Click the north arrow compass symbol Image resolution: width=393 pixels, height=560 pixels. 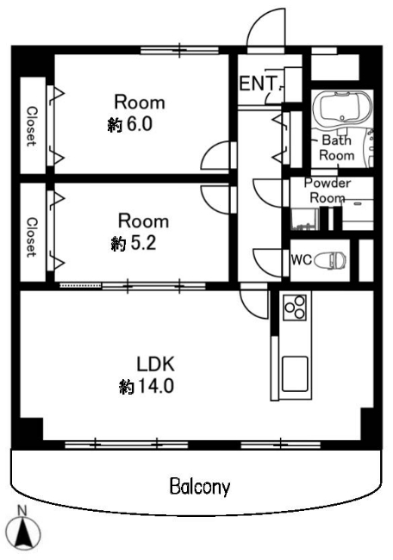(24, 532)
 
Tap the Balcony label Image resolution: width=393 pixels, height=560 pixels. (200, 487)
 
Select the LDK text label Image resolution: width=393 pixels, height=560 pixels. (155, 364)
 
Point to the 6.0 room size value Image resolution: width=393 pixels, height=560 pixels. (138, 124)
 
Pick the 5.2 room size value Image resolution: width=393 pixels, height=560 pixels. (142, 243)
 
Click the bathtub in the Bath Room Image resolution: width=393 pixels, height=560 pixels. (342, 108)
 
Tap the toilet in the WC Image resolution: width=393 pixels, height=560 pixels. (330, 259)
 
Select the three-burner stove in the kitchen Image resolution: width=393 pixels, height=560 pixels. (295, 307)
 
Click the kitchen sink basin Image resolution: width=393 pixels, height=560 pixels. (295, 374)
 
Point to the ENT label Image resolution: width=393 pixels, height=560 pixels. (259, 84)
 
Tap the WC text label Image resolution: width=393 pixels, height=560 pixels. (301, 259)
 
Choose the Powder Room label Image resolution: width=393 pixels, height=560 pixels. (327, 190)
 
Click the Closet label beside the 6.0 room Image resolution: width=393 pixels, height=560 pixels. (31, 126)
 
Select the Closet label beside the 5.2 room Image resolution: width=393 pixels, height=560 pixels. (31, 237)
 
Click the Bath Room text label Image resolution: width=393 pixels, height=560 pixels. (337, 147)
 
